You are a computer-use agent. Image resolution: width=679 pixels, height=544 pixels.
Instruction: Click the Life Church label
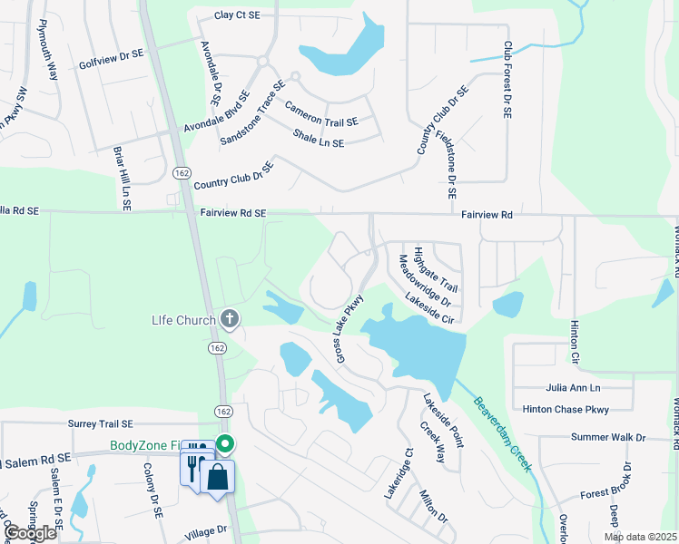point(182,319)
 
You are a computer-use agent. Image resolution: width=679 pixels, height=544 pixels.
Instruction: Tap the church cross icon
point(230,319)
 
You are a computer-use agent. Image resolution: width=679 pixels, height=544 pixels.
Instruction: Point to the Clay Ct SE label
point(238,15)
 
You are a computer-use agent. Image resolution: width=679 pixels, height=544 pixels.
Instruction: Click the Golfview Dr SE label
point(111,54)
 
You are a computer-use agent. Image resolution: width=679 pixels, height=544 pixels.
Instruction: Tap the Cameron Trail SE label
point(321,113)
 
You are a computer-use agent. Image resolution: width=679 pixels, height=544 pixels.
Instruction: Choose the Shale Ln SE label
point(318,138)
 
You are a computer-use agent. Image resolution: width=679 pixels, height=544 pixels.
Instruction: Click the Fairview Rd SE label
point(232,213)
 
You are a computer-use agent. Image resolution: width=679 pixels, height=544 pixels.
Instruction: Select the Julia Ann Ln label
point(574,387)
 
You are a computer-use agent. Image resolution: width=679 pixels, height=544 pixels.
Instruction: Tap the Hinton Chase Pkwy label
point(566,410)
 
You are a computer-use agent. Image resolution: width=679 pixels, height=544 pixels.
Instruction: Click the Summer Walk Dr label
point(607,437)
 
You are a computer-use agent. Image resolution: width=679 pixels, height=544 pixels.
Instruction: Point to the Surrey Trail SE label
point(100,423)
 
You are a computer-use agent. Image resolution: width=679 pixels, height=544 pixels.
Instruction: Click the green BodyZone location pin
point(225,444)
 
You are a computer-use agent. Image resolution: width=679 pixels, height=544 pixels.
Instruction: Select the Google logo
point(30,533)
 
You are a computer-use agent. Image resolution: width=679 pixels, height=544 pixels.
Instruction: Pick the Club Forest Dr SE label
point(507,81)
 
